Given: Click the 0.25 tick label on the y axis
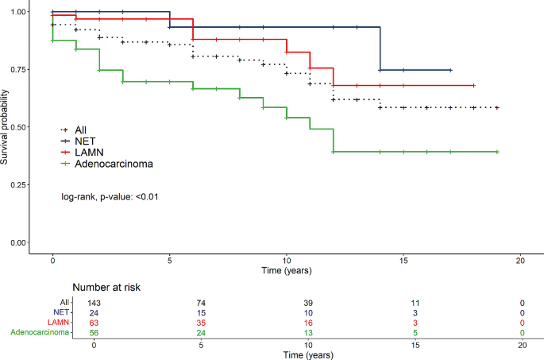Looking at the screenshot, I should coord(15,184).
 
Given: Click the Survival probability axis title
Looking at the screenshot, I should coord(5,127).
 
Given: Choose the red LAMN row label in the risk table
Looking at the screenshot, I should coord(56,323).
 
